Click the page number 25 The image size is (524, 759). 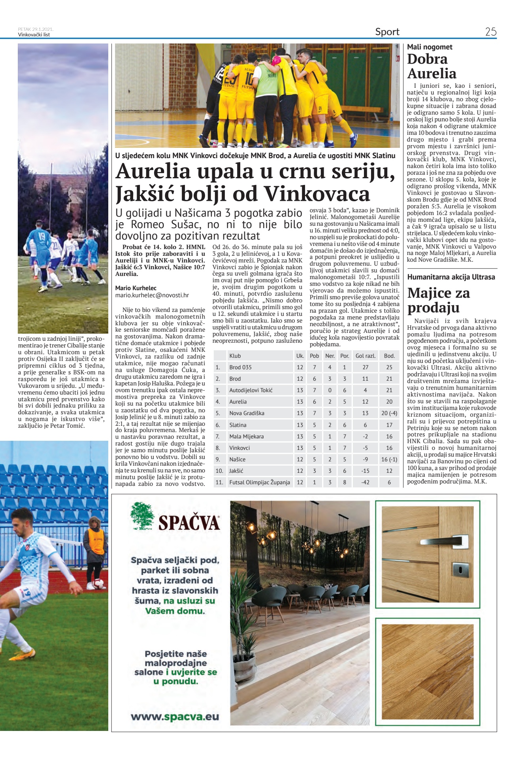pyautogui.click(x=490, y=32)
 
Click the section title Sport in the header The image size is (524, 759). pyautogui.click(x=387, y=32)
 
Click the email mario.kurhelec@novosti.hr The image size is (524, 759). pyautogui.click(x=152, y=295)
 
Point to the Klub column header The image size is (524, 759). pyautogui.click(x=235, y=356)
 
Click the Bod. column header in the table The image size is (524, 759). pyautogui.click(x=389, y=356)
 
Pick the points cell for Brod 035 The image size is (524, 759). pyautogui.click(x=389, y=367)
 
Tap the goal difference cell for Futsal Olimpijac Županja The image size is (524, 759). pyautogui.click(x=365, y=482)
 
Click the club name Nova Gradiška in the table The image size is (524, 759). pyautogui.click(x=247, y=413)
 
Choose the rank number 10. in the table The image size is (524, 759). pyautogui.click(x=219, y=471)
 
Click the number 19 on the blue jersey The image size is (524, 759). pyautogui.click(x=41, y=236)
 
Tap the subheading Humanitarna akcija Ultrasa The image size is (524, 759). pyautogui.click(x=451, y=277)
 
